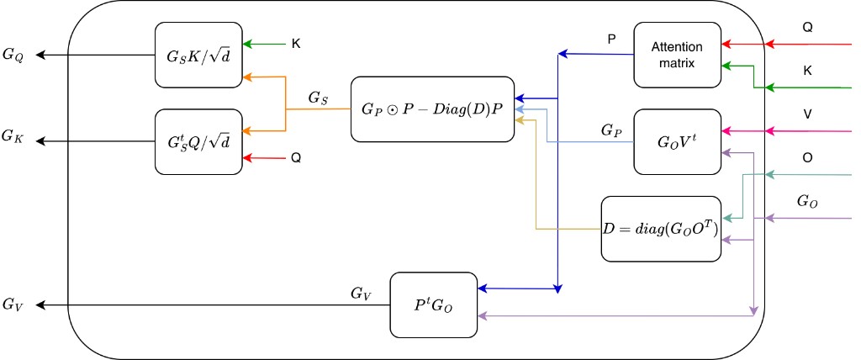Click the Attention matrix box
click(677, 55)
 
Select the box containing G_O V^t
click(677, 140)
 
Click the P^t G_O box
click(434, 304)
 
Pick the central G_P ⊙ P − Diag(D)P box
click(431, 109)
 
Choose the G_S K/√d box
click(198, 55)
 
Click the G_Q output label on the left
click(15, 56)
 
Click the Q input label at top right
click(808, 27)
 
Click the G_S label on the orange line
click(319, 98)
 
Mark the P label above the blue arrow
click(611, 40)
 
